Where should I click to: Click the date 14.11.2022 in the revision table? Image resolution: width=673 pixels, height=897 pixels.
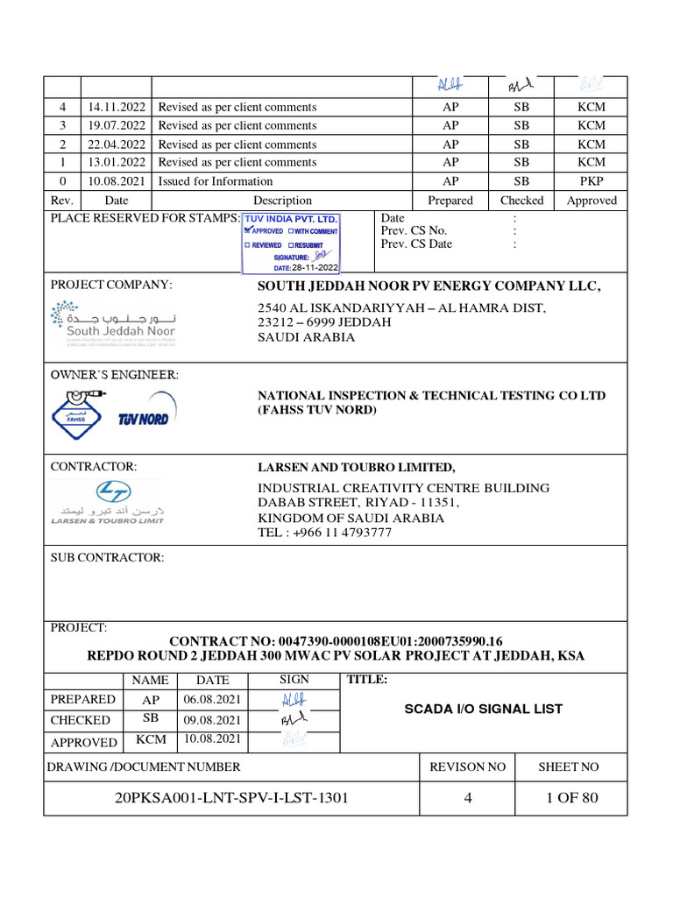tap(116, 107)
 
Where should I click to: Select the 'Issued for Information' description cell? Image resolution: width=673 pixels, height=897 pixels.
tap(216, 181)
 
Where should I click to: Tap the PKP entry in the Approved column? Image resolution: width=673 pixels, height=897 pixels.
tap(591, 181)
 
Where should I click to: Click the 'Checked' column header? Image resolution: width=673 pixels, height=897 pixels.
tap(521, 201)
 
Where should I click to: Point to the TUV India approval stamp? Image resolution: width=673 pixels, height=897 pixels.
tap(290, 243)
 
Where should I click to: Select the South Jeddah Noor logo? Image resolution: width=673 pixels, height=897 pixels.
tap(113, 324)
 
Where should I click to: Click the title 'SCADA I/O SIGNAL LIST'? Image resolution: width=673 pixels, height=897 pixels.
tap(483, 709)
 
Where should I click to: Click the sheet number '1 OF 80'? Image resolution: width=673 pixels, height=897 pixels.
tap(570, 797)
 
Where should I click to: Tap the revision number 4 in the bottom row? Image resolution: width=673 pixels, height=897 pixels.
tap(468, 797)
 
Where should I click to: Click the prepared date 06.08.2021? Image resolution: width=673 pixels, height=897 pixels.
tap(212, 699)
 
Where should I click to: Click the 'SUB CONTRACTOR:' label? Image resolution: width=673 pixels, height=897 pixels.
tap(107, 557)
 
